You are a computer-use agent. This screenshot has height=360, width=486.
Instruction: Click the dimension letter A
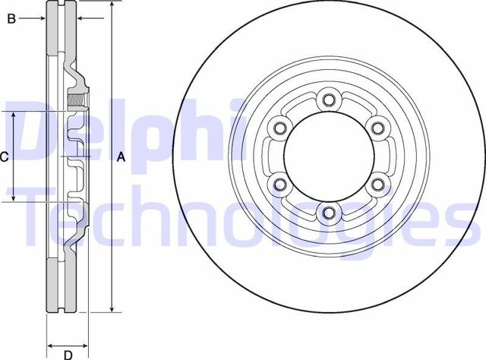(120, 157)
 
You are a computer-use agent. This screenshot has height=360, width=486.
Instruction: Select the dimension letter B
(11, 19)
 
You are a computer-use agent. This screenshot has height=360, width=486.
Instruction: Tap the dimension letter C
(5, 157)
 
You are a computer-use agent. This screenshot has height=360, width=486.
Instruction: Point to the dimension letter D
(67, 354)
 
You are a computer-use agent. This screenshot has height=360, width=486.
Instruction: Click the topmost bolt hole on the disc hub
(328, 99)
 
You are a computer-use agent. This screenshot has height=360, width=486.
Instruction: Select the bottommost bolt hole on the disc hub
(328, 212)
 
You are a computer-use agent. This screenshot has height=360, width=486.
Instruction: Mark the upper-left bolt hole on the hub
(279, 128)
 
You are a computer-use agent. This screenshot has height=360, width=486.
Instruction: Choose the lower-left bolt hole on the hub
(279, 184)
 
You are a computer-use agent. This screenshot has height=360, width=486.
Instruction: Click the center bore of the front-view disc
(328, 156)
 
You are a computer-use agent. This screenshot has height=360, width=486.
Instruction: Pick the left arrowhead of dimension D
(51, 343)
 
